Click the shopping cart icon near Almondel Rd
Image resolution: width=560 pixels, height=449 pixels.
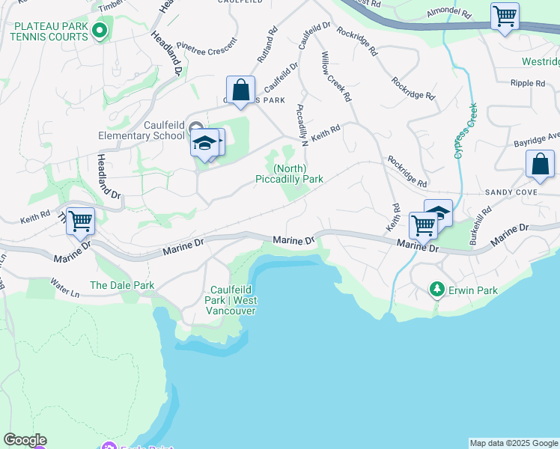click(505, 16)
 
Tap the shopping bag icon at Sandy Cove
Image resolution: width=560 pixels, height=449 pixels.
click(540, 164)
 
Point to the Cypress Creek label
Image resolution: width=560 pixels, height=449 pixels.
click(465, 130)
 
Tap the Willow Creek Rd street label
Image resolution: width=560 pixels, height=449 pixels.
click(335, 76)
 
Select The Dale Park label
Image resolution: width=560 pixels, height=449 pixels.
click(122, 285)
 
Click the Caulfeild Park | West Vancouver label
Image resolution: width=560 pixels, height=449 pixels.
click(234, 300)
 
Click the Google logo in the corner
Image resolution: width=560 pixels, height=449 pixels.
click(25, 440)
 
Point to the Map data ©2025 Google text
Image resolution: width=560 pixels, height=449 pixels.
click(514, 443)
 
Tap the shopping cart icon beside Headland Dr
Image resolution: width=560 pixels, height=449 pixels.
click(80, 222)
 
